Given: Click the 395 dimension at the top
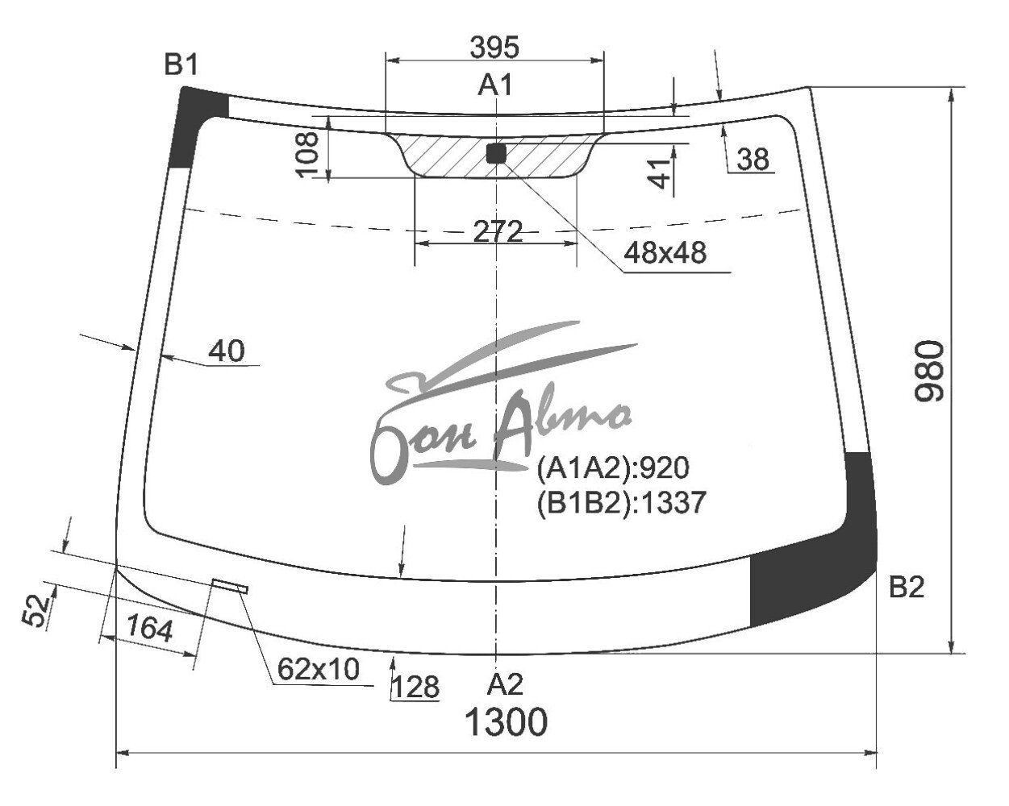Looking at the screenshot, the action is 494,47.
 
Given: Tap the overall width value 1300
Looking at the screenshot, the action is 506,721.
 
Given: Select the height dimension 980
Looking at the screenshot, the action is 929,371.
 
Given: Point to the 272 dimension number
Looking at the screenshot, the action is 498,231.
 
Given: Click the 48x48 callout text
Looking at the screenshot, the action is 665,251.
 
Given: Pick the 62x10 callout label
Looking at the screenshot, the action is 319,669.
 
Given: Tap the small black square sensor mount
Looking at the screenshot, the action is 497,153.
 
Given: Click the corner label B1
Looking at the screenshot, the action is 181,64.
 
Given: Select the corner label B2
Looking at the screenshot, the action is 907,587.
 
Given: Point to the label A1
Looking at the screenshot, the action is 495,85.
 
